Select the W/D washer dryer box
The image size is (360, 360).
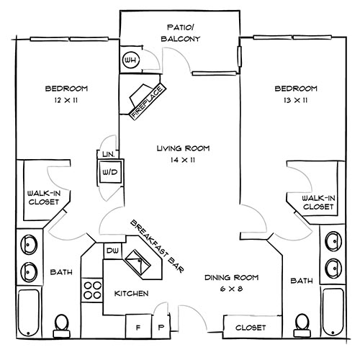click(110, 172)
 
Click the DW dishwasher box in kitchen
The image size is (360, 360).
click(112, 251)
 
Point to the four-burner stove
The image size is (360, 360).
click(93, 290)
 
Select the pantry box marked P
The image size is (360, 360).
click(162, 325)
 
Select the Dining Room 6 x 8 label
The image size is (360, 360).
click(230, 283)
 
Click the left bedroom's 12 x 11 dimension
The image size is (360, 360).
click(66, 101)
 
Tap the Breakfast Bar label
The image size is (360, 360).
click(156, 245)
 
